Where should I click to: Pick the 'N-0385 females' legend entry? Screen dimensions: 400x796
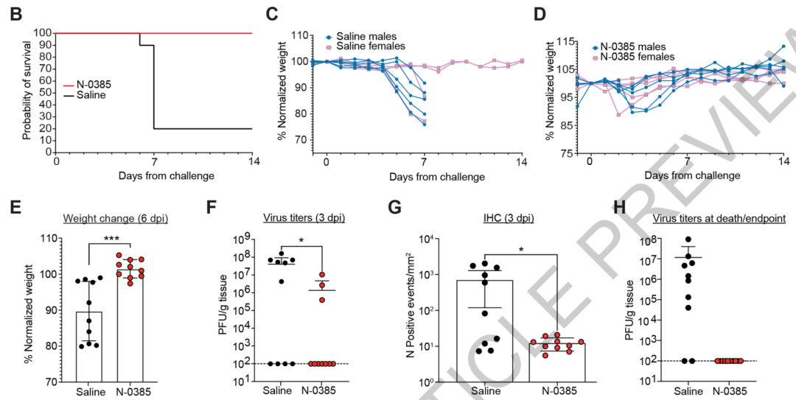coord(637,56)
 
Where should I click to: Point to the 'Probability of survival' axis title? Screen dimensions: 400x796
coord(27,91)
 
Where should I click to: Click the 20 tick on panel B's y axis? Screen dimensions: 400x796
coord(48,128)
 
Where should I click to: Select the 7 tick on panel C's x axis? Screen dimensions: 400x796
coord(425,162)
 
